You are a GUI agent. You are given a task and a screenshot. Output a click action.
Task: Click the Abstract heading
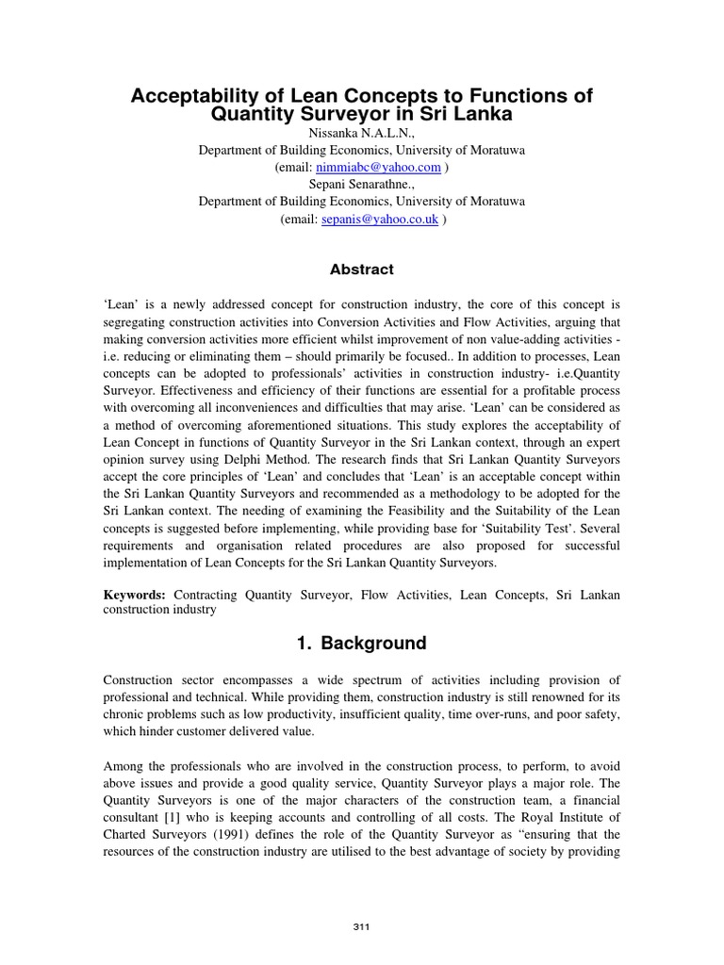click(361, 270)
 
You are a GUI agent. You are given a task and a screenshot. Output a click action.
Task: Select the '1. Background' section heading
click(361, 644)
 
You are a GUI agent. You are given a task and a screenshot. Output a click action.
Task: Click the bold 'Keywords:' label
click(134, 596)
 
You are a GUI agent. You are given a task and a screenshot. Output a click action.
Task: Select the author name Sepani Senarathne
click(361, 184)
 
